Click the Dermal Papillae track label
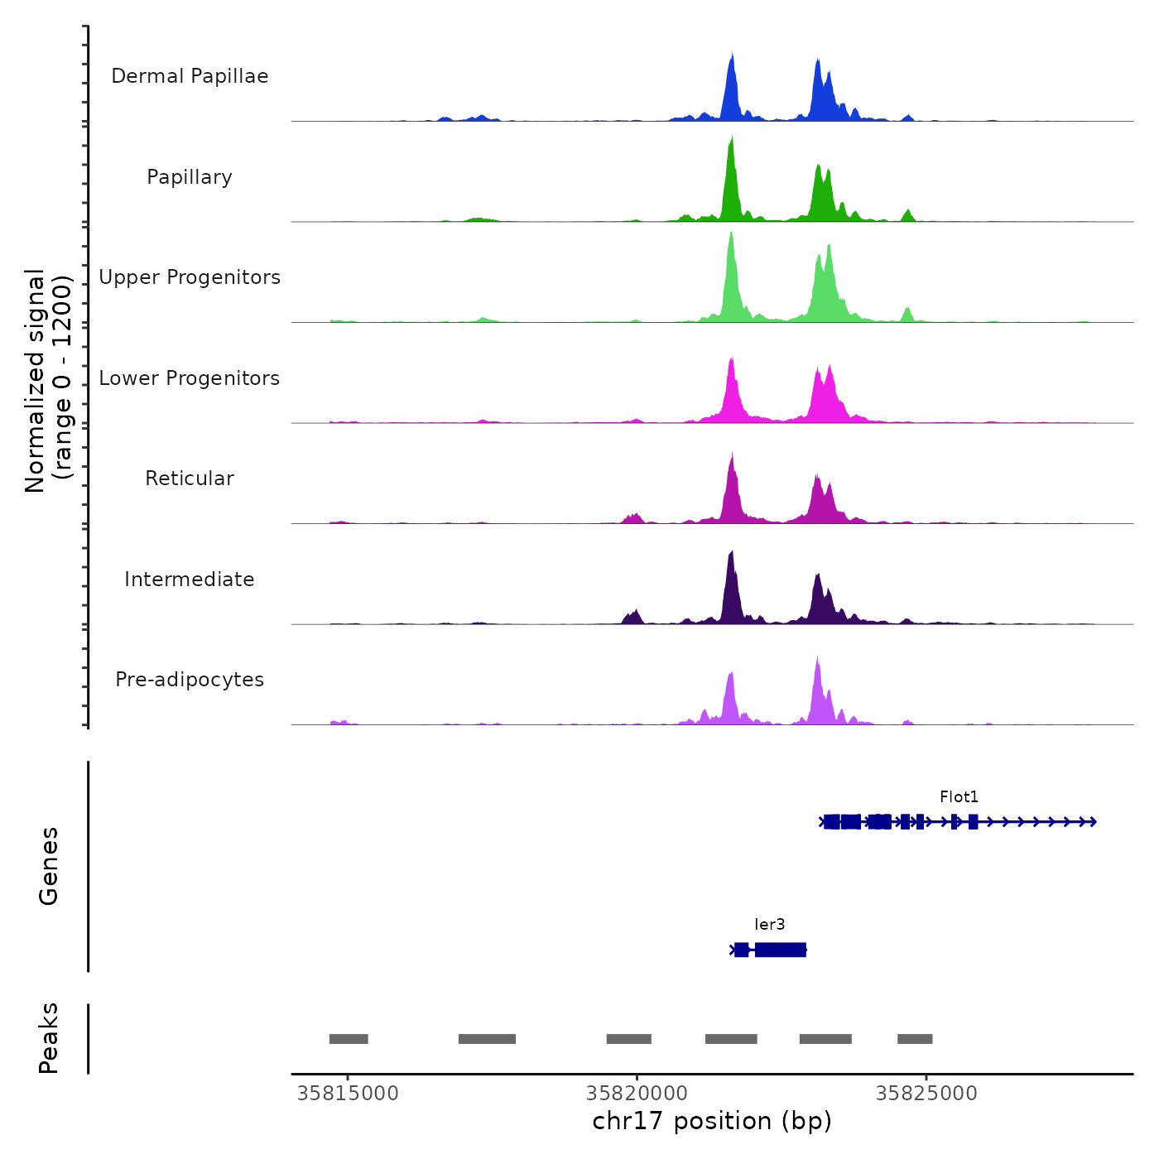coord(190,76)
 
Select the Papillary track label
coord(190,177)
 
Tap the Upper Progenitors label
coord(190,277)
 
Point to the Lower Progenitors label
coord(190,378)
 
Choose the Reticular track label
coord(190,479)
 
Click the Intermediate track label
coord(190,579)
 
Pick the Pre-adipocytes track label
coord(190,680)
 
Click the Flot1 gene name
coord(959,797)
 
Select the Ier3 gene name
coord(769,925)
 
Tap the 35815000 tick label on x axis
coord(348,1094)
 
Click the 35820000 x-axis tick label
coord(637,1094)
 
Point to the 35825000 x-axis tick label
coord(926,1094)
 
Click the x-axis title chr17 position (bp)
coord(712,1121)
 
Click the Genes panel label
coord(49,866)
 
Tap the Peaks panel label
coord(49,1038)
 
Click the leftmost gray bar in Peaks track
coord(349,1039)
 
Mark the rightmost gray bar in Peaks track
coord(915,1039)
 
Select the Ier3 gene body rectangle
coord(780,950)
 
